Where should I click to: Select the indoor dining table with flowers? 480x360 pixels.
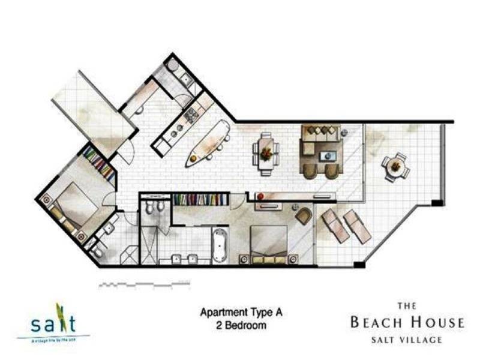tap(265, 153)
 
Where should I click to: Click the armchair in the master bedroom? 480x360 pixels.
tap(304, 215)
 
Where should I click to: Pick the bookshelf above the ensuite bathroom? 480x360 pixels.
tap(200, 199)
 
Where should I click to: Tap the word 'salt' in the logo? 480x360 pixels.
tap(55, 323)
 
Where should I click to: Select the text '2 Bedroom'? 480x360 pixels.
tap(233, 326)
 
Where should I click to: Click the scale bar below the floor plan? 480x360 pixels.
tap(138, 282)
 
